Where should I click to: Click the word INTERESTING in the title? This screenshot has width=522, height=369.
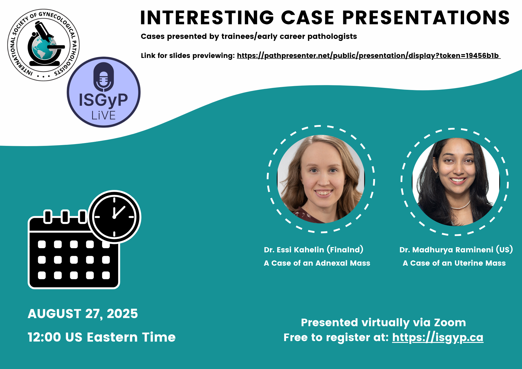(x=207, y=18)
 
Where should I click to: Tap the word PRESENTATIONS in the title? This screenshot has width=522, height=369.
(x=426, y=18)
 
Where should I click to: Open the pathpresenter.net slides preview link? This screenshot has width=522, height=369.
(x=369, y=56)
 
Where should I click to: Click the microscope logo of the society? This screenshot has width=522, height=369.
(x=44, y=45)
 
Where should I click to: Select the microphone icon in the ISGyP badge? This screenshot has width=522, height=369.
(x=104, y=77)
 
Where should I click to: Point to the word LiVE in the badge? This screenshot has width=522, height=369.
(x=104, y=115)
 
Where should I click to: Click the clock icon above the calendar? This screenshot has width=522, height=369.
(x=114, y=217)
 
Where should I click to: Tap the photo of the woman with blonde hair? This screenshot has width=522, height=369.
(x=321, y=179)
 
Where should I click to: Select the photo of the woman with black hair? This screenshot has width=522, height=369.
(x=456, y=182)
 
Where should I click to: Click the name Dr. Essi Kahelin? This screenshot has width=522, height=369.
(x=294, y=250)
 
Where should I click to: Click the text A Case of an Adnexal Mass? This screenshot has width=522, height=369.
(x=317, y=263)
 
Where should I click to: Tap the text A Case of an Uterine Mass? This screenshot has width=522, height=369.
(x=454, y=263)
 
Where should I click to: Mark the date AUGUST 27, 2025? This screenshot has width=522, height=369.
(x=83, y=314)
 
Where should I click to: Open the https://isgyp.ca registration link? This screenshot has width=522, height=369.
(x=438, y=338)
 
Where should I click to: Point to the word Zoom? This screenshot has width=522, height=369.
(x=450, y=323)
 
